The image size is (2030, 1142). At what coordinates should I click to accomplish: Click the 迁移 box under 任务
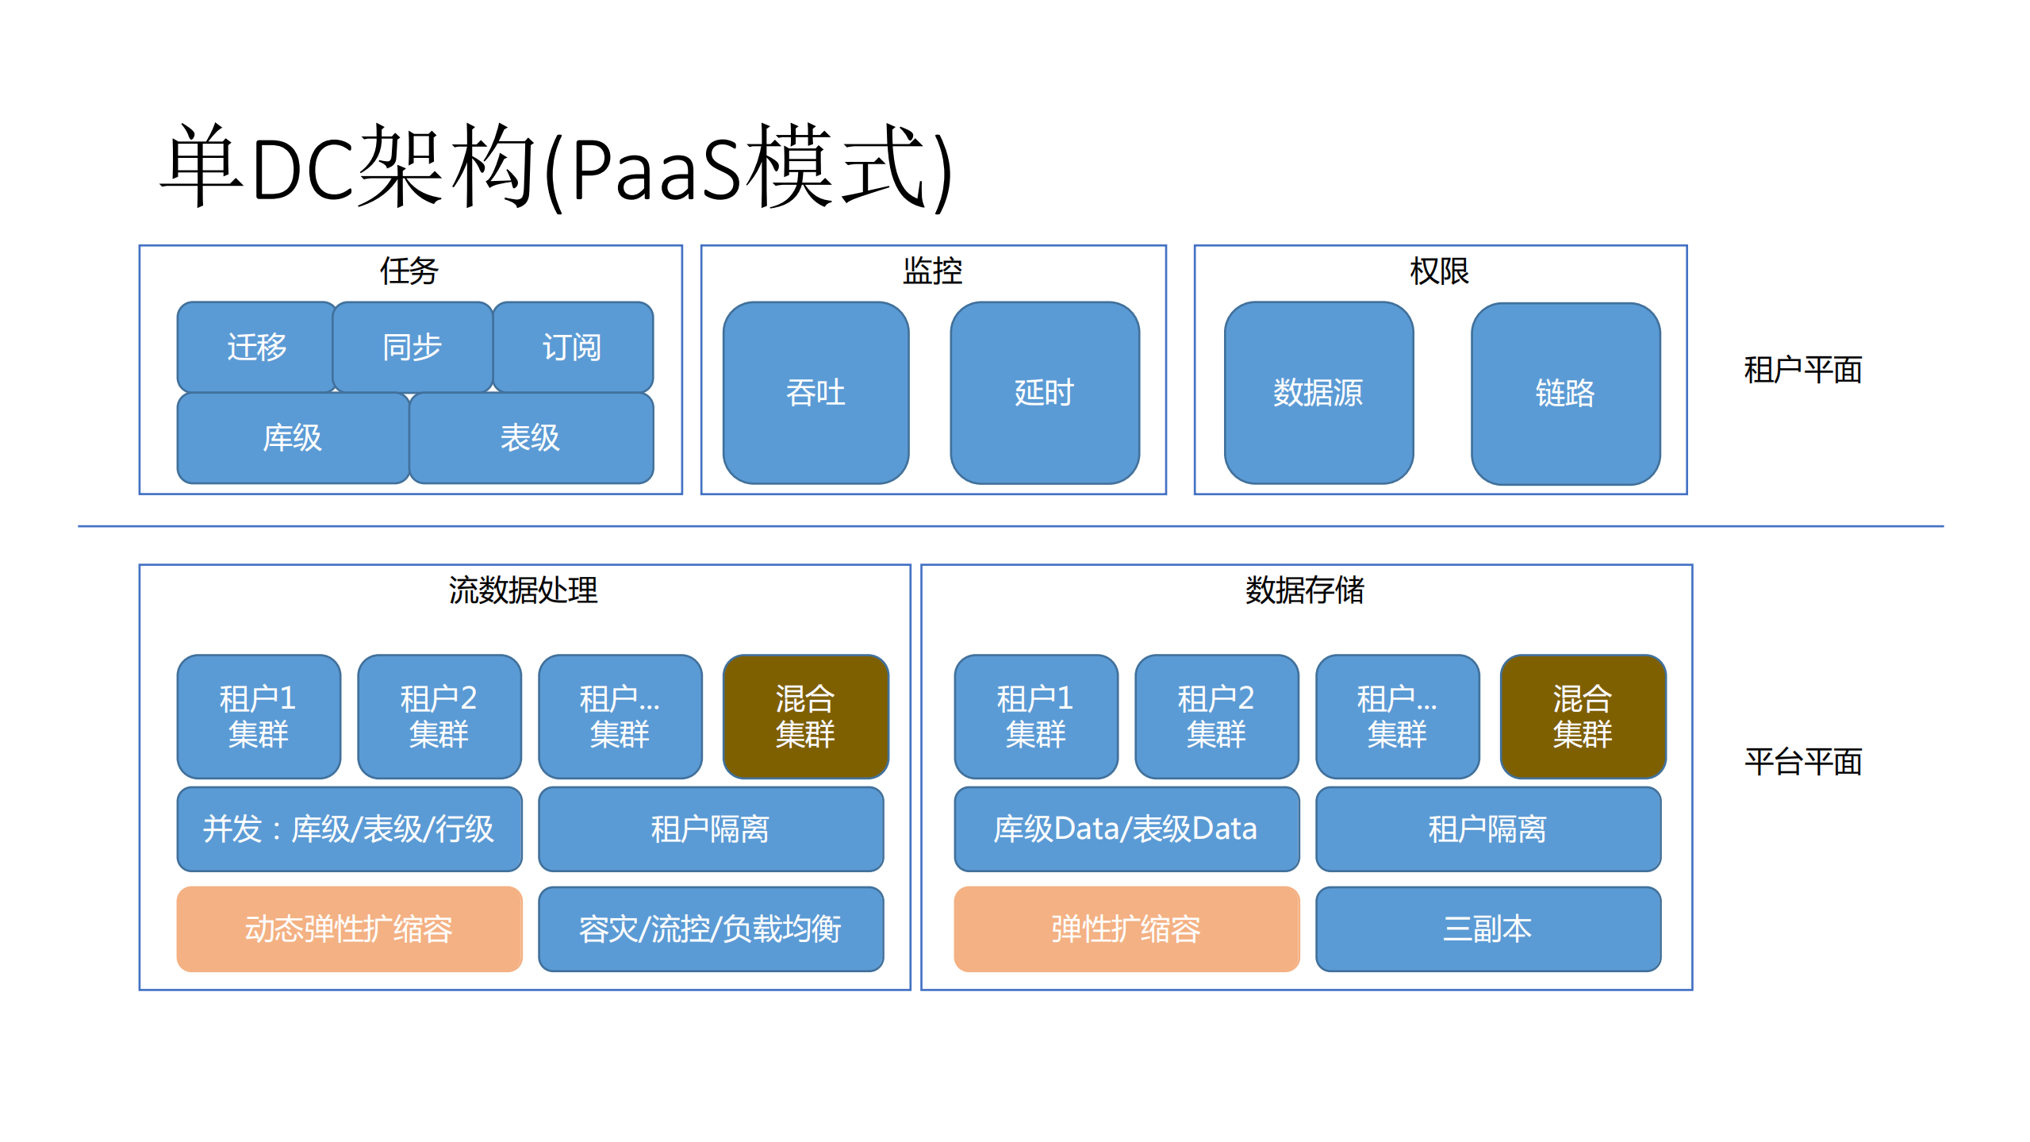[x=255, y=347]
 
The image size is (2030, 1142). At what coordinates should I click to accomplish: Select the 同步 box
[x=412, y=347]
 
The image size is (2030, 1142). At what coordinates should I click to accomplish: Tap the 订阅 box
[x=572, y=347]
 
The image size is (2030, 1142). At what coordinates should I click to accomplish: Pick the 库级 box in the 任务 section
[x=292, y=438]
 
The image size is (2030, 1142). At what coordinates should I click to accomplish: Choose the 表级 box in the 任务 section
[x=530, y=438]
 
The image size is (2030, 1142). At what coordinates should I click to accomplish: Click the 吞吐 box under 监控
[x=815, y=393]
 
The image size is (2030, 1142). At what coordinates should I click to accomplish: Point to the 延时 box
[x=1044, y=393]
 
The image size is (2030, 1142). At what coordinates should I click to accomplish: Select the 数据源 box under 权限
[x=1318, y=393]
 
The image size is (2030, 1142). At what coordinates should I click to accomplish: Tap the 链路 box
[x=1564, y=393]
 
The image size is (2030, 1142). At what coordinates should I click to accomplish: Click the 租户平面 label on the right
[x=1802, y=370]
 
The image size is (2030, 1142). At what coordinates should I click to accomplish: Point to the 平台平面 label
[x=1802, y=762]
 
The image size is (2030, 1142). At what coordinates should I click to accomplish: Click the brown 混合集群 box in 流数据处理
[x=805, y=716]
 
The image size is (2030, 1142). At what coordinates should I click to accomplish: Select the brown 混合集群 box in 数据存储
[x=1582, y=716]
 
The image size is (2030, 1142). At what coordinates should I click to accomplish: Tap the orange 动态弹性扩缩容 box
[x=349, y=929]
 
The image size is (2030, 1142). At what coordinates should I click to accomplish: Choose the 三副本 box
[x=1487, y=929]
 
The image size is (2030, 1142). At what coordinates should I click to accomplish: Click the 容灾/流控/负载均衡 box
[x=710, y=929]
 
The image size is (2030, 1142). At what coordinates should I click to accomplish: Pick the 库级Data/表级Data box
[x=1126, y=829]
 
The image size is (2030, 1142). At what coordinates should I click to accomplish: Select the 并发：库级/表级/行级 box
[x=349, y=829]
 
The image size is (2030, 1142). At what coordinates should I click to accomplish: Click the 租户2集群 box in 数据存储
[x=1215, y=716]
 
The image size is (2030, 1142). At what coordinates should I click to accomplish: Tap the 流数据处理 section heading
[x=523, y=590]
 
